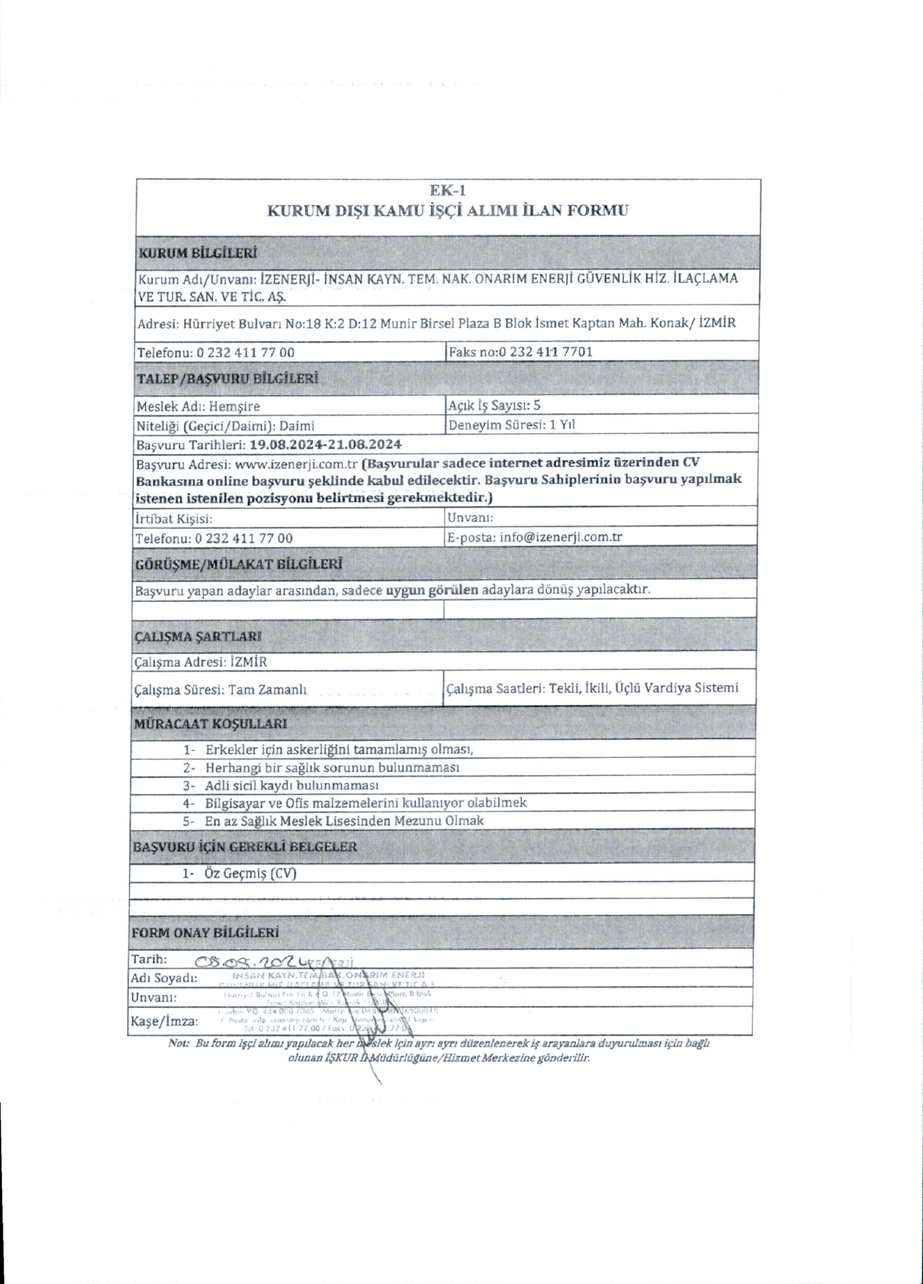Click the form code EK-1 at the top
coord(447,191)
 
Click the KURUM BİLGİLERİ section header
coord(197,253)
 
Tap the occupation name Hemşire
coord(235,406)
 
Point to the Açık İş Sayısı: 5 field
coord(495,405)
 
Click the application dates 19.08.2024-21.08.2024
coord(325,444)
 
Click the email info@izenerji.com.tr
coord(561,537)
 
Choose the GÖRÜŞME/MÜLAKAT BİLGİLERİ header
coord(239,564)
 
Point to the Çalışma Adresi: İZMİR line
coord(201,662)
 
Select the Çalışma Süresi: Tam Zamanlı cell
coord(221,689)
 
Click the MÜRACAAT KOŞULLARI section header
coord(211,724)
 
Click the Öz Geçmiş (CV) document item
coord(251,873)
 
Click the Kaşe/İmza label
coord(164,1021)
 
